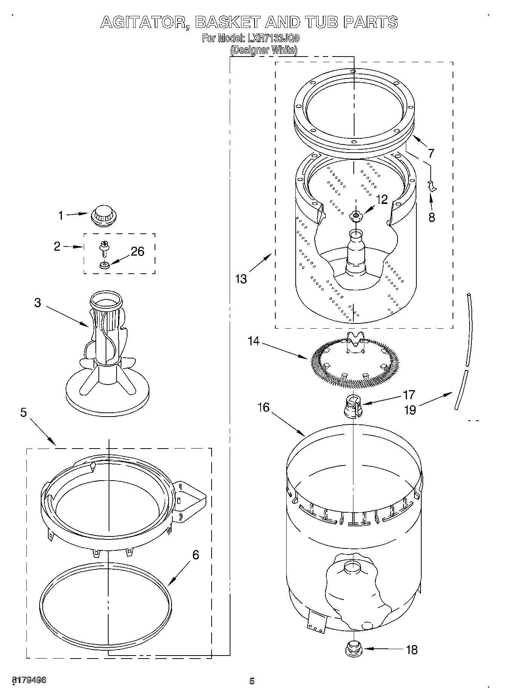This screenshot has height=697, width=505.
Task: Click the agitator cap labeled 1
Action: (103, 217)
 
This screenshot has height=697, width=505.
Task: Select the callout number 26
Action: (138, 251)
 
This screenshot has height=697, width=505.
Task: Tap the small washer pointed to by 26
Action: (104, 265)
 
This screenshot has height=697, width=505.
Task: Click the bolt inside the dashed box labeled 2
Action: (103, 248)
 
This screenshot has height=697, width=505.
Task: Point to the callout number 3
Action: (37, 303)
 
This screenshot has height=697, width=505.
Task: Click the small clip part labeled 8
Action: (431, 186)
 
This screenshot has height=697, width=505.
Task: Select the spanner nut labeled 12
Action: (355, 215)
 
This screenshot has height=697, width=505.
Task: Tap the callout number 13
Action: (241, 279)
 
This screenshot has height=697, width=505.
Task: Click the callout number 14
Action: (254, 341)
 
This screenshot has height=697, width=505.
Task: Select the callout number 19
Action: (410, 410)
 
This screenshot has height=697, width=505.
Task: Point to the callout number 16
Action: (264, 407)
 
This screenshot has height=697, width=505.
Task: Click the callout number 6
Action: (195, 555)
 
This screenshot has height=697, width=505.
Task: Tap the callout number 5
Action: (23, 413)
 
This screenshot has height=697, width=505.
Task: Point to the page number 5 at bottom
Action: (252, 681)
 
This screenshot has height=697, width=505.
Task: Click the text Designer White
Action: (264, 50)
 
